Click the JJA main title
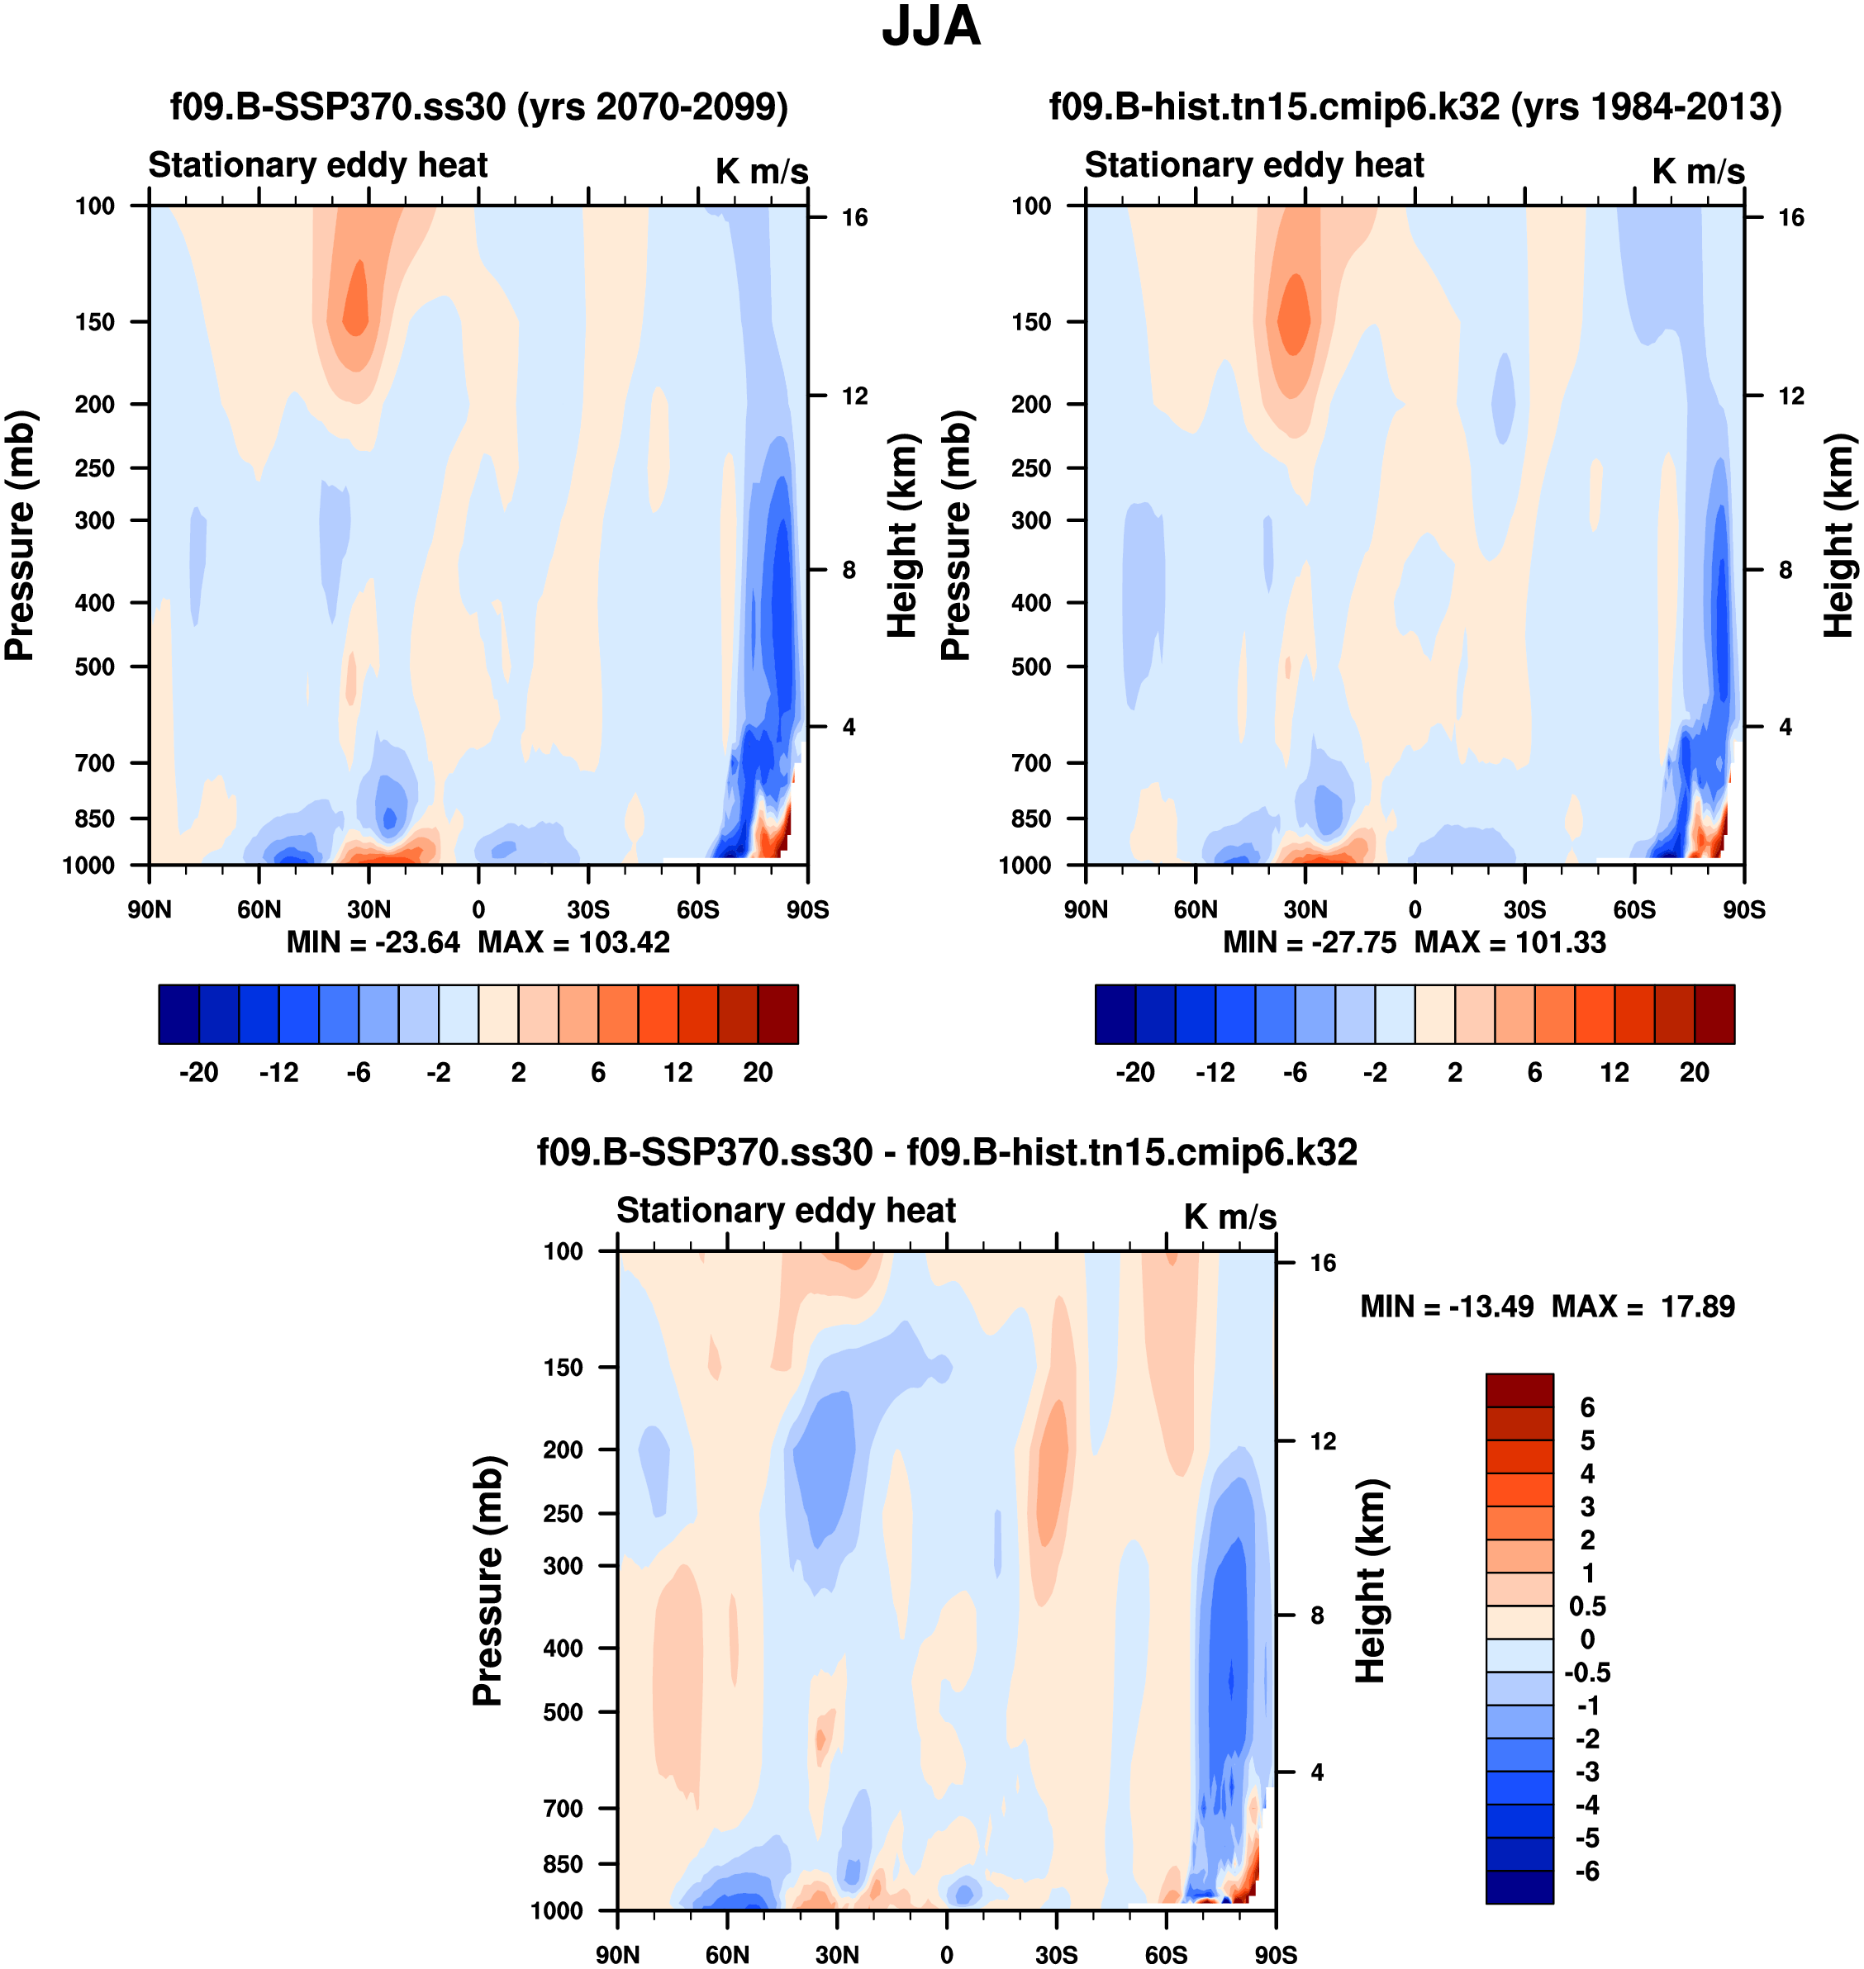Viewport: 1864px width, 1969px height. (931, 26)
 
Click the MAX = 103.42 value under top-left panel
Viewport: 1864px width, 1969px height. (574, 942)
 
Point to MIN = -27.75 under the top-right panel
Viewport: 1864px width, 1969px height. (1309, 942)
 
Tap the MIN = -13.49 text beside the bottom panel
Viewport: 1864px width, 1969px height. (1446, 1307)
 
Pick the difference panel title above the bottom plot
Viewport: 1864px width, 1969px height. (947, 1151)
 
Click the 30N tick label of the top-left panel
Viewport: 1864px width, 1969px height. (369, 909)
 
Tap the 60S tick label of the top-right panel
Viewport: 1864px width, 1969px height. (1634, 909)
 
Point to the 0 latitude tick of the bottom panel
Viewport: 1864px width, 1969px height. (947, 1954)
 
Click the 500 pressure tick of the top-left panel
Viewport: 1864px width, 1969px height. (94, 667)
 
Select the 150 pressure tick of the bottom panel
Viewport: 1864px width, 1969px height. (563, 1367)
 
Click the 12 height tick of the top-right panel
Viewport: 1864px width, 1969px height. (1791, 396)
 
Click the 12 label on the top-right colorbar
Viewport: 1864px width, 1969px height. (1614, 1072)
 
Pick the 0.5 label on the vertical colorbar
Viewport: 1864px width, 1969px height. (1586, 1606)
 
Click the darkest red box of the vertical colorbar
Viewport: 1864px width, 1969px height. (1519, 1390)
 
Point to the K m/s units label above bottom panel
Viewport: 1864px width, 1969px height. (1229, 1217)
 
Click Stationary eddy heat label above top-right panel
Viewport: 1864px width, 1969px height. (1254, 165)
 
